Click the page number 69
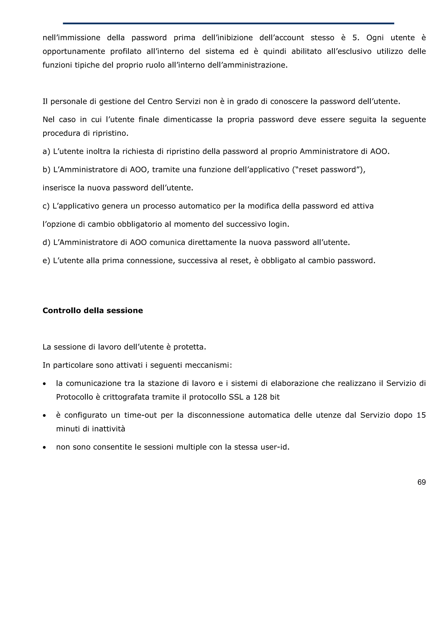point(421,482)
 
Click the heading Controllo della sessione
point(93,311)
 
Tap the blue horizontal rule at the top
point(228,23)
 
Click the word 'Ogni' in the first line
point(375,38)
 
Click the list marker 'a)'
point(46,151)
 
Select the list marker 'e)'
point(46,260)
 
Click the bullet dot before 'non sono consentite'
point(44,448)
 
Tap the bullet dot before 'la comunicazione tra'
point(44,384)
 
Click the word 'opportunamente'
point(74,51)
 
